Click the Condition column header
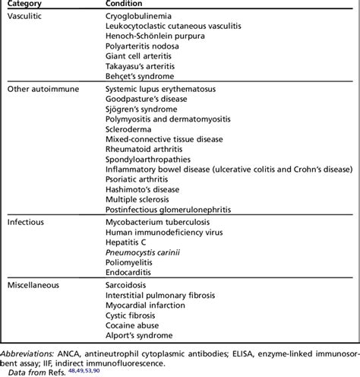[125, 4]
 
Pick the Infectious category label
[25, 225]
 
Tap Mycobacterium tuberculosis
[159, 225]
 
